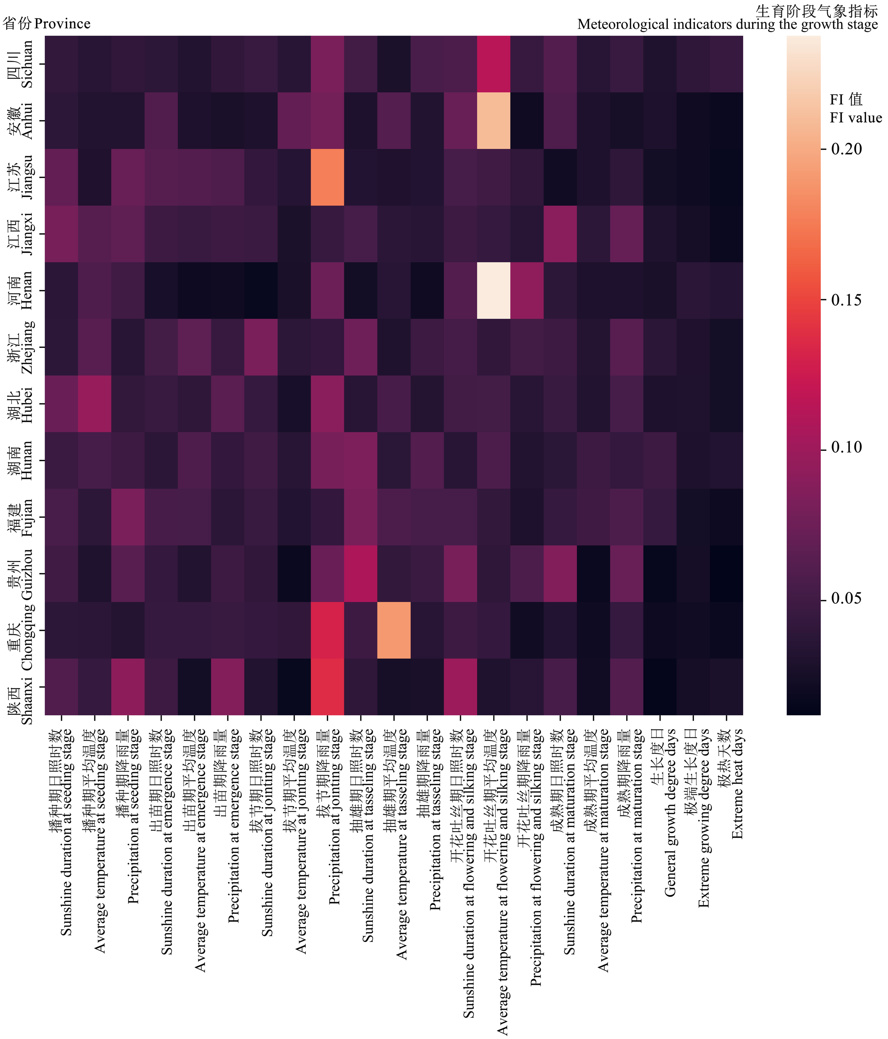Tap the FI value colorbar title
coord(855,108)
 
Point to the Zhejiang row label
coord(21,347)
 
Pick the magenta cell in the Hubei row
coord(94,404)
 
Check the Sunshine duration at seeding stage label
coord(61,832)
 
